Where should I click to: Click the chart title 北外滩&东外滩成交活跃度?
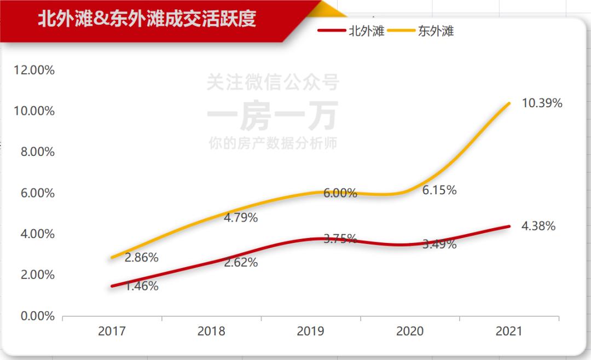coord(147,19)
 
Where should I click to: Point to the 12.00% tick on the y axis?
coord(34,70)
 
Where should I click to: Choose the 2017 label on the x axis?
coord(112,331)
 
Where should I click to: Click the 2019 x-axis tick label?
coord(310,331)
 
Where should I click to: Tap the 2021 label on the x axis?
coord(509,331)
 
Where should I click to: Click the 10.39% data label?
coord(542,103)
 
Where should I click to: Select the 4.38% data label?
coord(538,226)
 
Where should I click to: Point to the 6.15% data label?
coord(439,190)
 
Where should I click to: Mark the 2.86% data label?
coord(141,257)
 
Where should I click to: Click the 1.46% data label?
coord(141,286)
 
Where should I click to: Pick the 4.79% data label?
coord(241,218)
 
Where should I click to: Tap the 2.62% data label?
coord(241,263)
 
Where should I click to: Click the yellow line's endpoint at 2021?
coord(509,103)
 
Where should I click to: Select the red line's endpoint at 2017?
coord(112,286)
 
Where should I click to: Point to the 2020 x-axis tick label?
coord(410,331)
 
